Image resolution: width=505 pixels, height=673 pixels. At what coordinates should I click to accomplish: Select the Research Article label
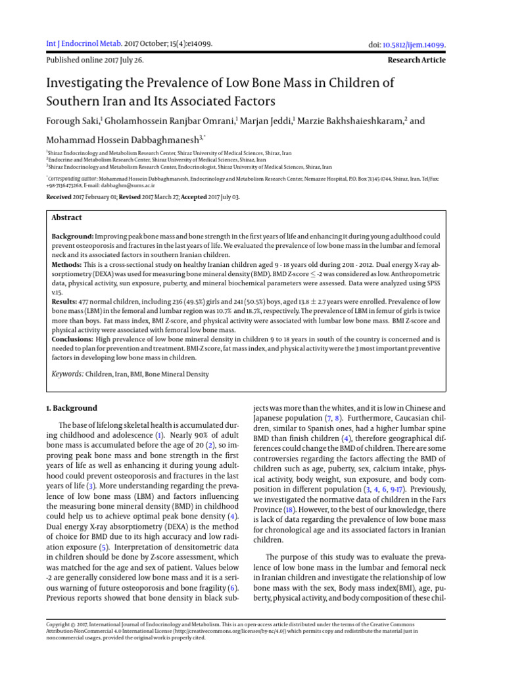(417, 60)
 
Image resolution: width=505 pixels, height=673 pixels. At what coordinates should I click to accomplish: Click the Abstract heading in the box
(67, 218)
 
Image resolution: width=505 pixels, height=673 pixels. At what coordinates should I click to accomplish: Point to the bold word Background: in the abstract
(72, 235)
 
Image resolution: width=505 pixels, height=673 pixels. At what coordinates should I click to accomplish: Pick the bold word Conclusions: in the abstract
(73, 339)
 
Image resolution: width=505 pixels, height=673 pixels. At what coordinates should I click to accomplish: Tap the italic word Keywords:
(68, 374)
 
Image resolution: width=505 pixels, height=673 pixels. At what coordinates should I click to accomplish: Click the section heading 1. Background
(72, 407)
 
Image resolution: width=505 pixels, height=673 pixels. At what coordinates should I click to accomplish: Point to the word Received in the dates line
(62, 197)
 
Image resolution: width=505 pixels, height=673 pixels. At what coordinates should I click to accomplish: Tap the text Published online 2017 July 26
(95, 60)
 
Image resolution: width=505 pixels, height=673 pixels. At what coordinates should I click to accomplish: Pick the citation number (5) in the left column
(102, 547)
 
